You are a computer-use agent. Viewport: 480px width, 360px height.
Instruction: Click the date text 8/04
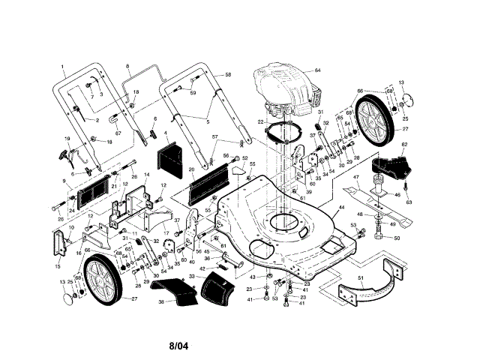pos(181,346)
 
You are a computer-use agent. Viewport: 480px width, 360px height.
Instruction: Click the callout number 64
pos(317,70)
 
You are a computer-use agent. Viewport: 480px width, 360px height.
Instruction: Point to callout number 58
pos(228,74)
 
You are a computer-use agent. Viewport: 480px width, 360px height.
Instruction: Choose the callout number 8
pos(127,67)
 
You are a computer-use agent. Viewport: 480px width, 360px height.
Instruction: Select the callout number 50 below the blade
pos(397,238)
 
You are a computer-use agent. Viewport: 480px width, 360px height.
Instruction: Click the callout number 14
pos(146,175)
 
